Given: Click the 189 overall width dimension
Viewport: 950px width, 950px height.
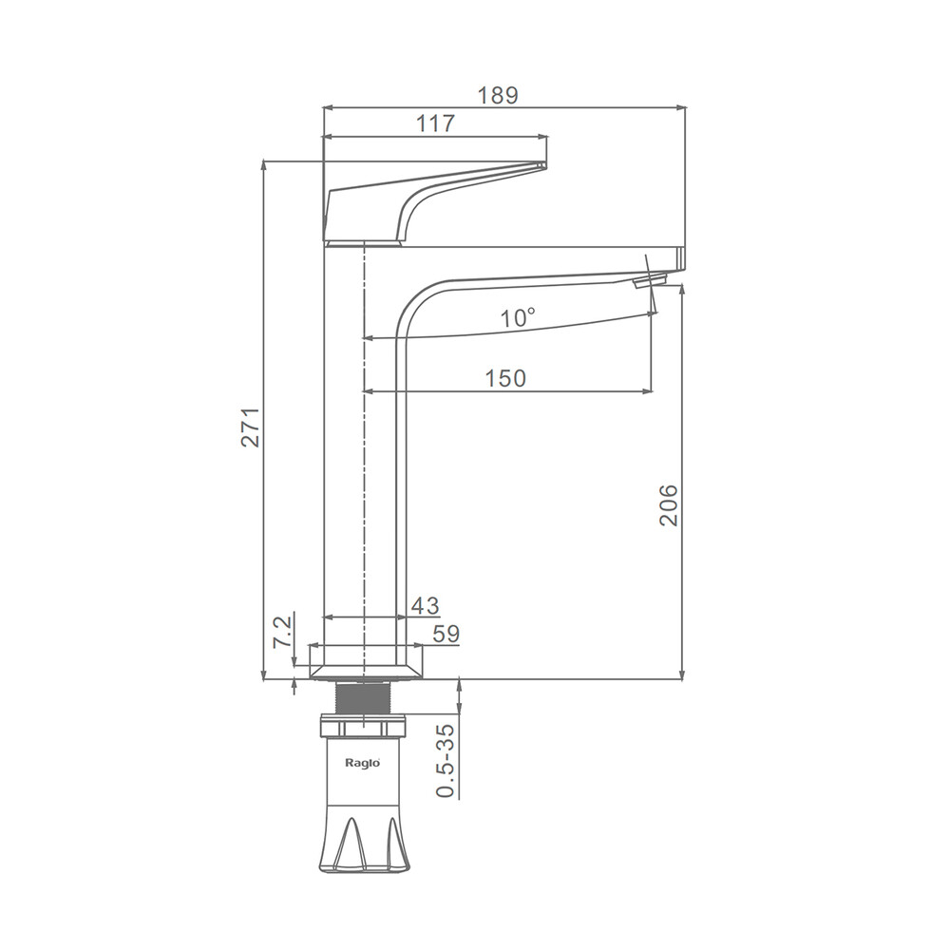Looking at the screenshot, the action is click(x=498, y=95).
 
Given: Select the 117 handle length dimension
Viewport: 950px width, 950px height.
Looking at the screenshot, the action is click(x=435, y=123).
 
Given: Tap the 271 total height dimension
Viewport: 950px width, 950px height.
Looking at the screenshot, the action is click(x=251, y=427).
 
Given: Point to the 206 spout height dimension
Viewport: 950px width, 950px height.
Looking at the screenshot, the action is click(x=668, y=504).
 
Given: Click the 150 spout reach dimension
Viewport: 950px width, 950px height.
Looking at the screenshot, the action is click(x=506, y=378).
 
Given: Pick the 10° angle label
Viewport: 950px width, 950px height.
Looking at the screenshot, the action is click(x=518, y=317).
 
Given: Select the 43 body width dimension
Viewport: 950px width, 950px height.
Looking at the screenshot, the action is click(x=426, y=605).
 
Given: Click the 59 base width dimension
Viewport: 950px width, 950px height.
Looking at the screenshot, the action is click(x=446, y=634).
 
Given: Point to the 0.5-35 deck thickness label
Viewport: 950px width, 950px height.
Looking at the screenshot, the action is click(x=446, y=760).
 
